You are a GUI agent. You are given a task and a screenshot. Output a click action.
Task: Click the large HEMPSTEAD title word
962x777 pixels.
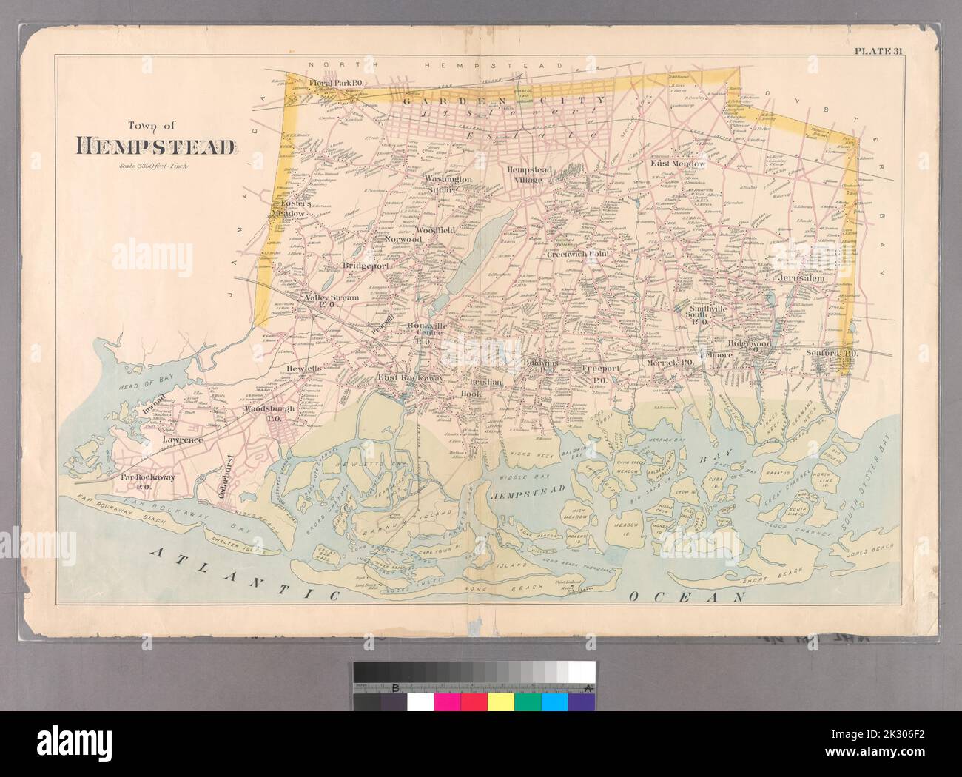156,147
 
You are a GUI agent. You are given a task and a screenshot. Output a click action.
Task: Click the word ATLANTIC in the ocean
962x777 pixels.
244,568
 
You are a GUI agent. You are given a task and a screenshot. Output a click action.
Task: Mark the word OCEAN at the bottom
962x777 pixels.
684,595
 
